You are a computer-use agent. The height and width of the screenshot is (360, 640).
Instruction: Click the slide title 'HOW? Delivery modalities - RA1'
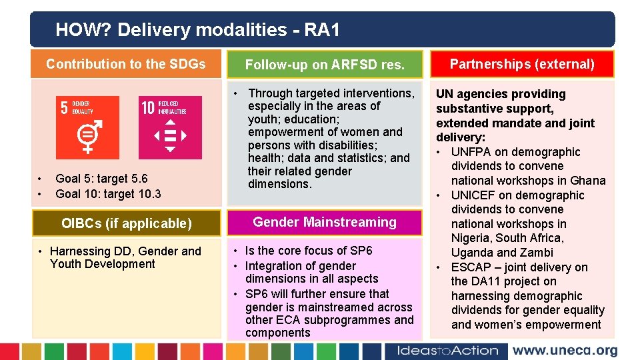[x=197, y=29]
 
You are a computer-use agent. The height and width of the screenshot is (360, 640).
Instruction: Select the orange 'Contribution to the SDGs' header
[x=126, y=64]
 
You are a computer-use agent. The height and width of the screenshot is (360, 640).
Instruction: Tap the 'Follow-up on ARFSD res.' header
[x=325, y=65]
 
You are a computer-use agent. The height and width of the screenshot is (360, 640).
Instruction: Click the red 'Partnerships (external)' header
[x=522, y=64]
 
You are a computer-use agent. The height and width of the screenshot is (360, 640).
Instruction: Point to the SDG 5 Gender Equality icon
[x=87, y=127]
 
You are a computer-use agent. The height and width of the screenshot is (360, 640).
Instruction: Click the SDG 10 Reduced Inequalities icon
[x=169, y=127]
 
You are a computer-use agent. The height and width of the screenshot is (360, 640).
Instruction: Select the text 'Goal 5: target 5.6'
[x=101, y=178]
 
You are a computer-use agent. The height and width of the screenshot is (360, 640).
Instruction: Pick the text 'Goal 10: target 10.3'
[x=108, y=194]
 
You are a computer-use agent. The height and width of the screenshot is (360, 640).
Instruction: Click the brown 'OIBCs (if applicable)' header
[x=126, y=223]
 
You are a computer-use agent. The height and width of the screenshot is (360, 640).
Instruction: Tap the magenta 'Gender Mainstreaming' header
[x=325, y=222]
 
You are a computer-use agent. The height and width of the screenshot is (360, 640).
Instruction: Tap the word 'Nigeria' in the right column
[x=472, y=238]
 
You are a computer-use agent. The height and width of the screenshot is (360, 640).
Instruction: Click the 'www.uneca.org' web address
[x=565, y=351]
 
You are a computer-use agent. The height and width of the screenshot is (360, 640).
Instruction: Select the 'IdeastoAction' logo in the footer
[x=447, y=351]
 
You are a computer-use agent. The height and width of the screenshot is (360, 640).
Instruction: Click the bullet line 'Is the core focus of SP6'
[x=309, y=251]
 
